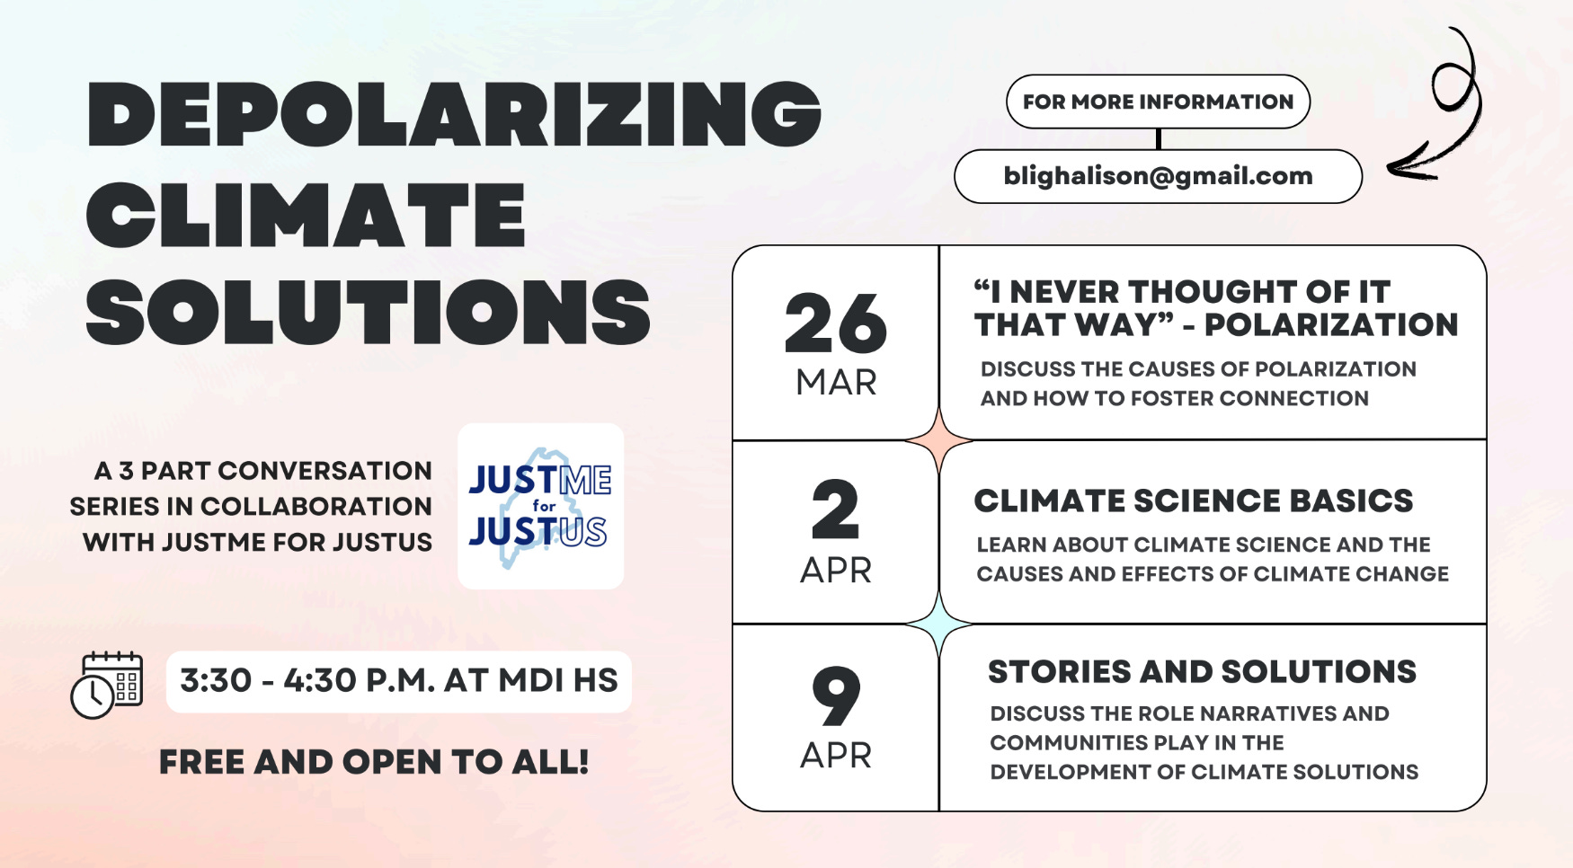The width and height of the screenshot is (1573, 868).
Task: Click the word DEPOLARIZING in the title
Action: click(454, 114)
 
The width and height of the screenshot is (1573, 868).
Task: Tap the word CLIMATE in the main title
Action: click(306, 215)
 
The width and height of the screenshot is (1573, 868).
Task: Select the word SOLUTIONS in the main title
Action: click(368, 312)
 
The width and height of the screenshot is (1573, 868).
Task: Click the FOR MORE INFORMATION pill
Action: click(1158, 102)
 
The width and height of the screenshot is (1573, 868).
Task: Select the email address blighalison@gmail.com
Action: click(1158, 176)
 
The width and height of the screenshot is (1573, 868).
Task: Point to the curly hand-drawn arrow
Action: click(1438, 108)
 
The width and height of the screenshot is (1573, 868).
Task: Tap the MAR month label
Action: click(836, 383)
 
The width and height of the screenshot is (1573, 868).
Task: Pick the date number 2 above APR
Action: click(835, 510)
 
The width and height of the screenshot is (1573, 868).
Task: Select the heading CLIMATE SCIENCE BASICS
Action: click(1193, 500)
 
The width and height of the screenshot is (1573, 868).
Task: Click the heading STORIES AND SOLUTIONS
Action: click(1202, 672)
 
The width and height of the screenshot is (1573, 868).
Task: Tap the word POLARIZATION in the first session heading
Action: click(1330, 324)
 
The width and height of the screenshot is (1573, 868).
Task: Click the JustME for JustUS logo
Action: click(540, 506)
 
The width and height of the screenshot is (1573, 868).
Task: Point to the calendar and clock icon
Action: click(107, 685)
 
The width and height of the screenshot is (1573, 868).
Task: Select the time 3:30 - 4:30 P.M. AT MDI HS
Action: click(399, 681)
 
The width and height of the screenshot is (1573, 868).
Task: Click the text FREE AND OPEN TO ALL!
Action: click(374, 762)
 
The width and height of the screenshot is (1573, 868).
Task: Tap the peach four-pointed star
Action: click(938, 440)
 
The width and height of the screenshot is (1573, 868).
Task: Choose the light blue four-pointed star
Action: click(938, 623)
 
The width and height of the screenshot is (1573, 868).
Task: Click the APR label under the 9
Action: click(836, 756)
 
